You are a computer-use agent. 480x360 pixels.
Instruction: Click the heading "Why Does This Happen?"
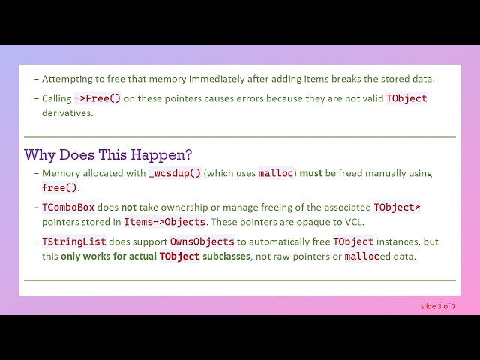click(108, 155)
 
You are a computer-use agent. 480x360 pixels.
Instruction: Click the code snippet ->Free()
click(97, 98)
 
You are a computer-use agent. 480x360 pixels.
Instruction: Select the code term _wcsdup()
click(175, 173)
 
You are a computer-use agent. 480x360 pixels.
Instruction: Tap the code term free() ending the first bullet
click(59, 187)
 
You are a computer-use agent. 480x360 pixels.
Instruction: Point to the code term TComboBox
click(68, 207)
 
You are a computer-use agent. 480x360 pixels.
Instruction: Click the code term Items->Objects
click(164, 222)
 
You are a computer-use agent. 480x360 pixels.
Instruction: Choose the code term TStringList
click(74, 241)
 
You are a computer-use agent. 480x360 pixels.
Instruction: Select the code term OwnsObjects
click(202, 241)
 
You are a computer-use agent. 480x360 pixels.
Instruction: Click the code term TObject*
click(397, 207)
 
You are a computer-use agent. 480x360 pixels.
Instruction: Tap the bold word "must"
click(311, 173)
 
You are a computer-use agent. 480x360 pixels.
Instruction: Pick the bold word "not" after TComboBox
click(129, 208)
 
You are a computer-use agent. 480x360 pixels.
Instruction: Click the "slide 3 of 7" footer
click(438, 306)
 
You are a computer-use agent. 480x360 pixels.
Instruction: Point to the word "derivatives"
click(67, 113)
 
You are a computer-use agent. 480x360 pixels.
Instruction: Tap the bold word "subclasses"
click(226, 256)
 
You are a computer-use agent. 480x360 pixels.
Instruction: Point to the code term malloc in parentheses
click(276, 173)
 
